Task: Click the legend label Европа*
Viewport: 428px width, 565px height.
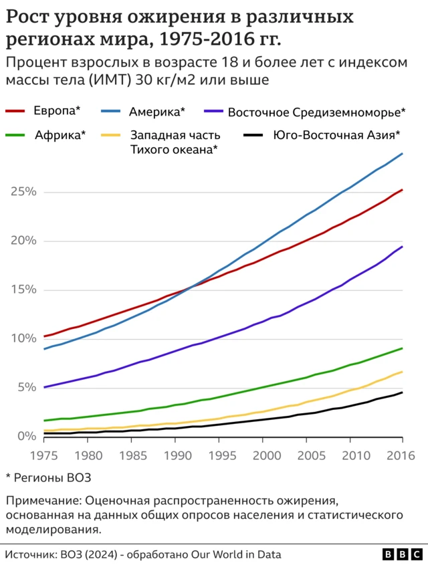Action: point(57,110)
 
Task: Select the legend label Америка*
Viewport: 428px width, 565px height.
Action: point(157,110)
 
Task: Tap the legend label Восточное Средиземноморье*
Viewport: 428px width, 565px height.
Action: point(317,111)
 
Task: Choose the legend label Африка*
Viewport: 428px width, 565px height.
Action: point(60,134)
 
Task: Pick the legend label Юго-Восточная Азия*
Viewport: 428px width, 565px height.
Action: point(336,134)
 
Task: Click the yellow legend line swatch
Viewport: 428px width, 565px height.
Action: point(110,135)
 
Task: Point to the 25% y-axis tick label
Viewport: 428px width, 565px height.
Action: point(22,192)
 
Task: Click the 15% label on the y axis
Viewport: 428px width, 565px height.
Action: point(22,290)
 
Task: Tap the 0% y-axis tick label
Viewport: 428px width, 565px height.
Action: point(25,436)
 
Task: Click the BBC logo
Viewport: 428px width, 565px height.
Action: point(401,554)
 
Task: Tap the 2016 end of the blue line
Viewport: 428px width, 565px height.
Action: point(403,154)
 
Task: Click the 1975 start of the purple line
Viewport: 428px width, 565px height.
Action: point(44,387)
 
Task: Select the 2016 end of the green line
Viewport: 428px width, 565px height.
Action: point(403,348)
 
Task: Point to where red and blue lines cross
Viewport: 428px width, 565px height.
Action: point(192,287)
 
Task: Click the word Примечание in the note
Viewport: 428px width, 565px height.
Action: point(39,501)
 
